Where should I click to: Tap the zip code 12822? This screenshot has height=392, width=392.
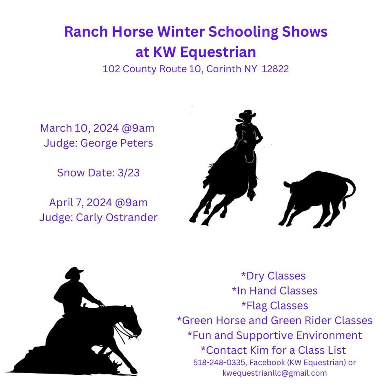click(x=275, y=69)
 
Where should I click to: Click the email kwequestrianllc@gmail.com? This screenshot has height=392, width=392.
click(x=274, y=373)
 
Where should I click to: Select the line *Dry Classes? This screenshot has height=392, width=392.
click(x=273, y=276)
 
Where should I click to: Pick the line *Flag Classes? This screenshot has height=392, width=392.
click(x=274, y=305)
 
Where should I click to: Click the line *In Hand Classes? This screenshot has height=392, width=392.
click(x=274, y=290)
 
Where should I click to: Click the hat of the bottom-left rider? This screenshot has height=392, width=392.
click(x=74, y=272)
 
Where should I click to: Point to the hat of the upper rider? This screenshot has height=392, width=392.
click(x=247, y=115)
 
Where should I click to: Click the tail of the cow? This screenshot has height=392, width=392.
click(x=349, y=190)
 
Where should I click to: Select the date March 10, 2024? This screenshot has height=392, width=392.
click(x=80, y=128)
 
